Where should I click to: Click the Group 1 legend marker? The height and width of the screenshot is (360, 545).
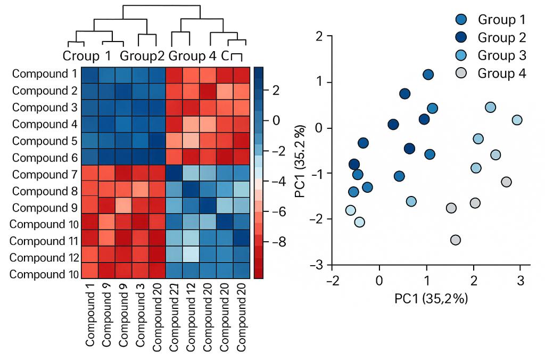pyautogui.click(x=461, y=20)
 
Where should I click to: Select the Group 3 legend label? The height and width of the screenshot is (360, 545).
pyautogui.click(x=501, y=55)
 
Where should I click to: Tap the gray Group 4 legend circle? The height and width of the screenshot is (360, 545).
pyautogui.click(x=461, y=73)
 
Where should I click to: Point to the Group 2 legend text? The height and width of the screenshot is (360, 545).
pyautogui.click(x=501, y=37)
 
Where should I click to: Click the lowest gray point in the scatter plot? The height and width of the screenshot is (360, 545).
pyautogui.click(x=455, y=240)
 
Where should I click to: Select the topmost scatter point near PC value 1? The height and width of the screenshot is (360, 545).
pyautogui.click(x=428, y=75)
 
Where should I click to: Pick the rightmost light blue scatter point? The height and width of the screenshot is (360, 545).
pyautogui.click(x=517, y=120)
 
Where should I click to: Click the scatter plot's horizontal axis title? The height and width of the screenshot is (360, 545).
pyautogui.click(x=431, y=299)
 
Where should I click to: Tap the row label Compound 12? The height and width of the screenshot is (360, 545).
pyautogui.click(x=44, y=258)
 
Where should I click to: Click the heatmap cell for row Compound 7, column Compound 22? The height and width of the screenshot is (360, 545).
pyautogui.click(x=175, y=174)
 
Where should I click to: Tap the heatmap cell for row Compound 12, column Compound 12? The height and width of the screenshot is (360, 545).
pyautogui.click(x=191, y=257)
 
